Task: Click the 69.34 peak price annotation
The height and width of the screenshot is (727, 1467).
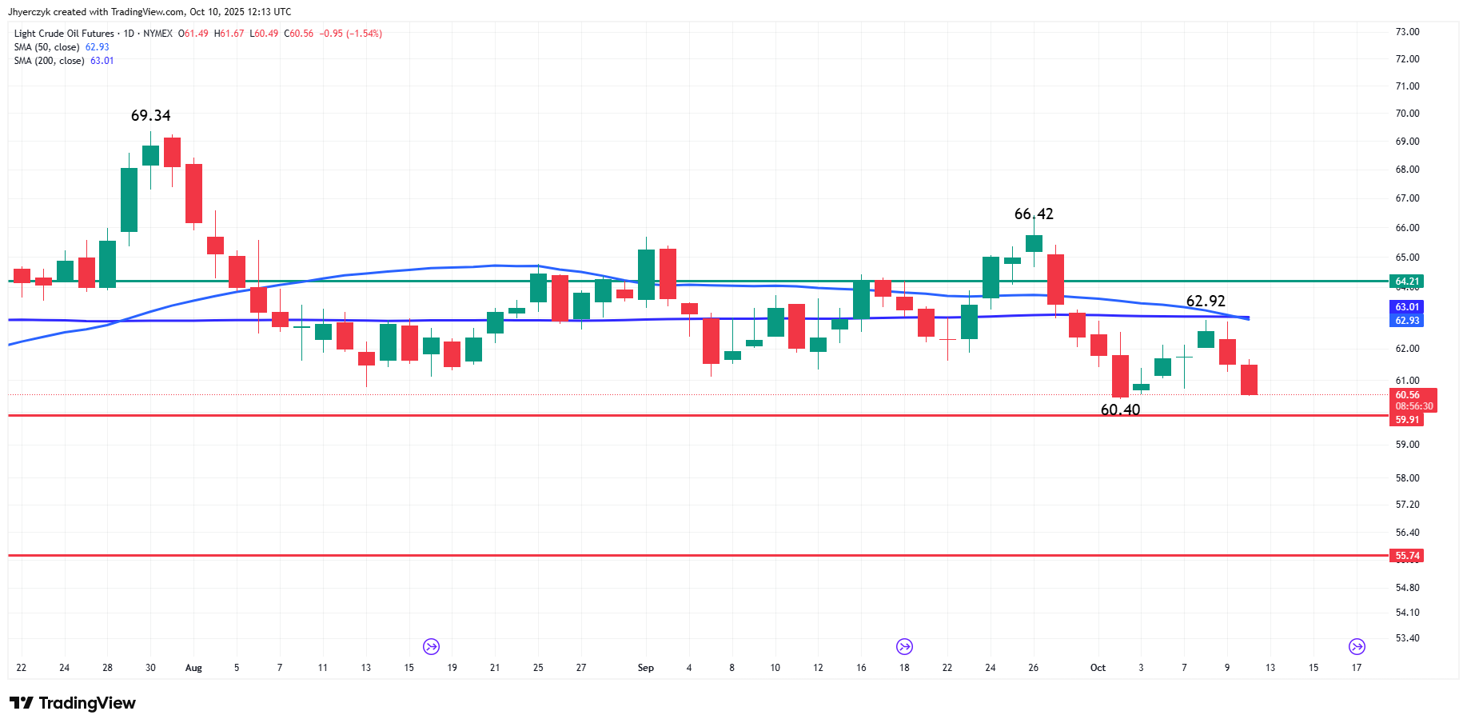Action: click(150, 116)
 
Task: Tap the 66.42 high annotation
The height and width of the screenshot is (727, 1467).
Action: click(1034, 214)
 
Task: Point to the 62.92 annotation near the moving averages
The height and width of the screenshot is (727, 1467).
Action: click(1206, 302)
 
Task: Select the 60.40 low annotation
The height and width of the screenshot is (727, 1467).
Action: click(1120, 410)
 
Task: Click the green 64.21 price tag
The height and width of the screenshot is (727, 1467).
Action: click(1407, 282)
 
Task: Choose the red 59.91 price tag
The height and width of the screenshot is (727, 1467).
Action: click(1407, 420)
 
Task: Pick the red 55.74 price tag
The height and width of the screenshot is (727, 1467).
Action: click(1407, 556)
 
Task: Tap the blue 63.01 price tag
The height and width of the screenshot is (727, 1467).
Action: click(1407, 307)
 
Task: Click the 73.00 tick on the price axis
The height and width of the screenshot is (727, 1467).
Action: click(1407, 32)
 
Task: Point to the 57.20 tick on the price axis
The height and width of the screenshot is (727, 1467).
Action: click(1407, 505)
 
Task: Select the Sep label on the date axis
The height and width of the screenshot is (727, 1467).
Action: click(646, 668)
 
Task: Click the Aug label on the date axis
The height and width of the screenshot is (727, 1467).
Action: click(193, 668)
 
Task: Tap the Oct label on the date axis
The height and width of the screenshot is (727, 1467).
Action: click(1098, 668)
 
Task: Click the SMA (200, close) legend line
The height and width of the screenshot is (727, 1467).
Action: click(64, 61)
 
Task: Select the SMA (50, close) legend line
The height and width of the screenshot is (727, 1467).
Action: click(62, 47)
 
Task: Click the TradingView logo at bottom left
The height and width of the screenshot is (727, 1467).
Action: click(73, 703)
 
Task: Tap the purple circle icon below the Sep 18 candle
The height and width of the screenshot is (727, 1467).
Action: click(904, 646)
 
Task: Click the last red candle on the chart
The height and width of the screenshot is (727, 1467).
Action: click(1249, 379)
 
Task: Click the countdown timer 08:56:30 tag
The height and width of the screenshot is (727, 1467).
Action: click(1413, 406)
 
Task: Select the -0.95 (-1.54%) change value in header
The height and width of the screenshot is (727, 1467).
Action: click(350, 34)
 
